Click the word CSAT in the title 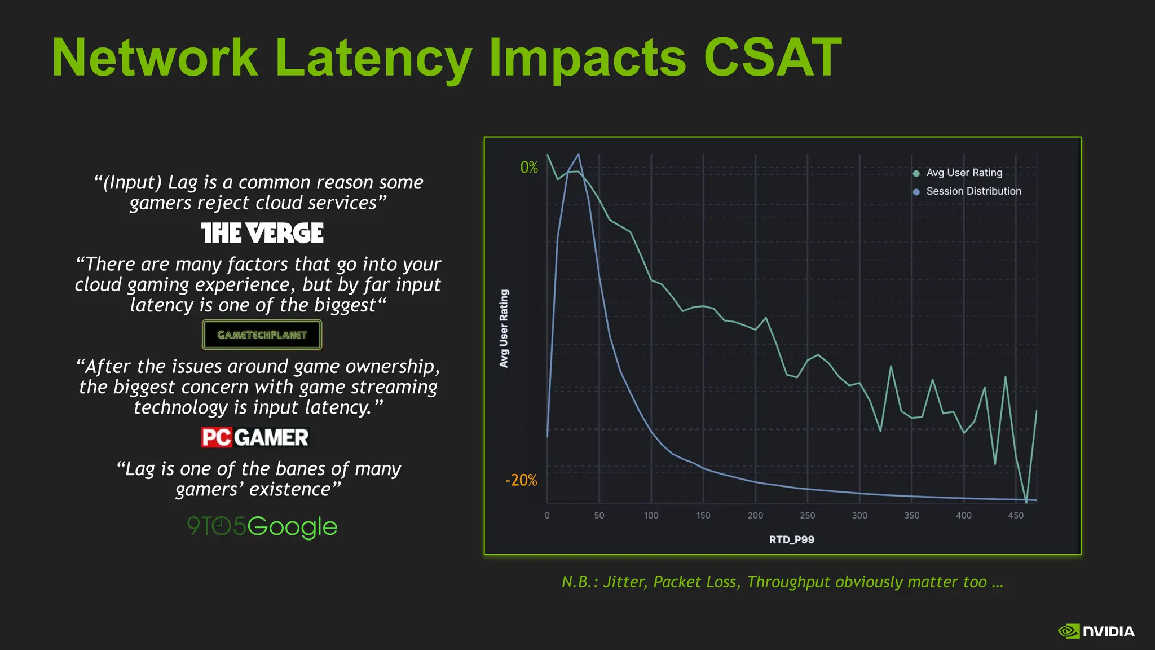(x=772, y=58)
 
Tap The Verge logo (x=262, y=233)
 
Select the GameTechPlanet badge (x=262, y=335)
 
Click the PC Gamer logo (x=255, y=437)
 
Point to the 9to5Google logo (x=262, y=526)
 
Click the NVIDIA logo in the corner (x=1096, y=631)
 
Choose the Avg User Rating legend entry (x=964, y=173)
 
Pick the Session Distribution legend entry (x=973, y=191)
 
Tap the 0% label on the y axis (x=529, y=168)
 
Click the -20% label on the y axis (x=521, y=480)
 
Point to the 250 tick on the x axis (x=807, y=515)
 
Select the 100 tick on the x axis (x=651, y=515)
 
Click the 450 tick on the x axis (x=1015, y=515)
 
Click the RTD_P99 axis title (x=791, y=539)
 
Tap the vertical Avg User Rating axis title (x=504, y=328)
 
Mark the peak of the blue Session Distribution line (x=578, y=155)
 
